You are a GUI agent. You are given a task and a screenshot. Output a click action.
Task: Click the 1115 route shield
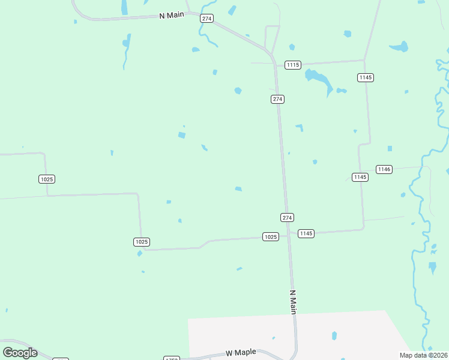(x=293, y=65)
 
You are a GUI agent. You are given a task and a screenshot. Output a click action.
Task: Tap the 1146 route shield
(x=384, y=169)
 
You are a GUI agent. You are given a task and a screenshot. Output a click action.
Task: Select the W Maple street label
(x=237, y=353)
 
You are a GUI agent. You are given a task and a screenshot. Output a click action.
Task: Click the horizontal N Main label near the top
(x=171, y=15)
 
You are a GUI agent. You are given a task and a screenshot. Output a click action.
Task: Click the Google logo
(x=20, y=353)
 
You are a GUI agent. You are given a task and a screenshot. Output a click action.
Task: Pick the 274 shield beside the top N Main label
(x=206, y=19)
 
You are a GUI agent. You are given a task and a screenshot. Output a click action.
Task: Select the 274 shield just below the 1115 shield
(x=277, y=99)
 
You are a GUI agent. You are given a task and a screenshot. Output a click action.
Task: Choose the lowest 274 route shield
(x=287, y=217)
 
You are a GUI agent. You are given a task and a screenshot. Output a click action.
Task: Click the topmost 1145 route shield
(x=366, y=77)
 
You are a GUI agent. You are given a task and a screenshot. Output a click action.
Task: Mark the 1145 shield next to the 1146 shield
(x=360, y=177)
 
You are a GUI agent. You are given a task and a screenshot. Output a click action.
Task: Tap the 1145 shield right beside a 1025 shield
(x=306, y=233)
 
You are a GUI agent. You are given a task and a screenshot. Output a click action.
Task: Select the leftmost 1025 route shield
(x=46, y=179)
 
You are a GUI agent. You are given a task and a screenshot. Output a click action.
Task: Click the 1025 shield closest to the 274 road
(x=270, y=237)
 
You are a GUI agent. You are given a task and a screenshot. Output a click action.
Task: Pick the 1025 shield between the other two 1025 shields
(x=141, y=242)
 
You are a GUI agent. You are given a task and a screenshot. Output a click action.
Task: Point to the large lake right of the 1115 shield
(x=318, y=79)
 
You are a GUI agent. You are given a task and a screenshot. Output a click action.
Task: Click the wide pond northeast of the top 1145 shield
(x=399, y=46)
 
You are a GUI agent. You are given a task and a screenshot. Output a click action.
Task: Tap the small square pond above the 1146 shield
(x=390, y=148)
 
